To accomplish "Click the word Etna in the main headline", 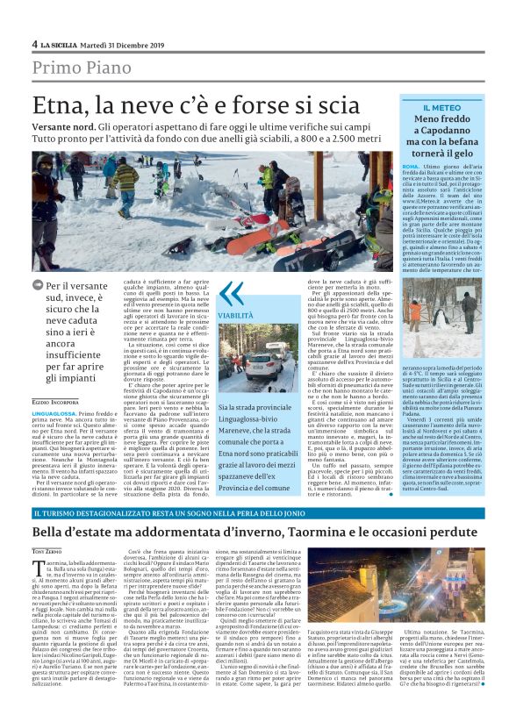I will tap(56, 107).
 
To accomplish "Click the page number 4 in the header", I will tap(34, 43).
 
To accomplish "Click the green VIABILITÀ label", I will tap(236, 313).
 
